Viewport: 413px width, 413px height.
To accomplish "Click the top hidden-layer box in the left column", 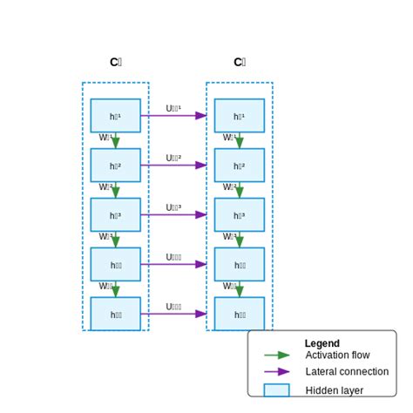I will tap(115, 116).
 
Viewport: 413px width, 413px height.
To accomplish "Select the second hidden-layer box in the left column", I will tap(115, 166).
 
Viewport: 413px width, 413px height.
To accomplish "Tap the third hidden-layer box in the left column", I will tap(115, 215).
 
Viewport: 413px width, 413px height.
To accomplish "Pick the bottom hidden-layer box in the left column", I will tap(115, 314).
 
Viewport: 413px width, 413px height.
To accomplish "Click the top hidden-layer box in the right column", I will tap(240, 116).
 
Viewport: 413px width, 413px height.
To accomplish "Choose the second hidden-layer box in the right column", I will tap(240, 166).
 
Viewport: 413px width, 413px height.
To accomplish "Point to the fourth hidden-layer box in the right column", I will tap(240, 264).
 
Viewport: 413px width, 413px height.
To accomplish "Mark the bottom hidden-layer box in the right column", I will tap(240, 314).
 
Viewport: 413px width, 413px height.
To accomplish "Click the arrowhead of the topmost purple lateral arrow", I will tap(201, 115).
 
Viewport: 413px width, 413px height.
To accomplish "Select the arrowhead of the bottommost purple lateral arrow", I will tap(201, 314).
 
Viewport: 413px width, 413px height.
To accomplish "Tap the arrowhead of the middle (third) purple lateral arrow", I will tap(201, 214).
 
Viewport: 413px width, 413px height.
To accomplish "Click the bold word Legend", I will tap(322, 343).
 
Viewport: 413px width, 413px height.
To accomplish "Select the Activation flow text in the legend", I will tap(337, 355).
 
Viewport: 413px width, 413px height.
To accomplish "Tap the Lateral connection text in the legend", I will tap(347, 372).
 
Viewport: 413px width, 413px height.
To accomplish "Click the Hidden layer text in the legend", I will tap(334, 390).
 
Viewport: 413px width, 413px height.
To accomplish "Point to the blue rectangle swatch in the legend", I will tap(277, 390).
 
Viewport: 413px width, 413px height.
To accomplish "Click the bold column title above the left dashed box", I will tap(115, 62).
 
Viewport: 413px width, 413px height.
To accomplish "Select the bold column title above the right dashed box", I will tap(240, 62).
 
